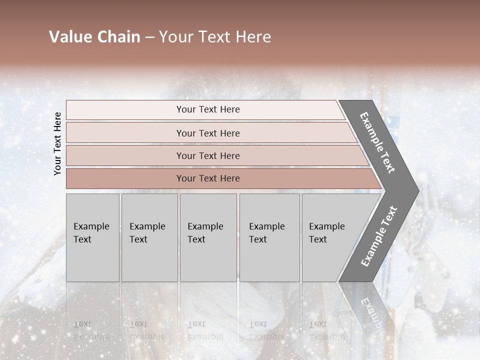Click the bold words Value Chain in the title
[94, 37]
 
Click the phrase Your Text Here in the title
[214, 37]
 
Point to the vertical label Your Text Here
[57, 143]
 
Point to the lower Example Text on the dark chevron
[378, 236]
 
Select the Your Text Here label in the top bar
[208, 109]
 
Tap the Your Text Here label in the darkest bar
[208, 178]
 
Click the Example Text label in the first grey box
[91, 232]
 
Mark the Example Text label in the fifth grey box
[326, 232]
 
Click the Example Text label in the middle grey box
[205, 232]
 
